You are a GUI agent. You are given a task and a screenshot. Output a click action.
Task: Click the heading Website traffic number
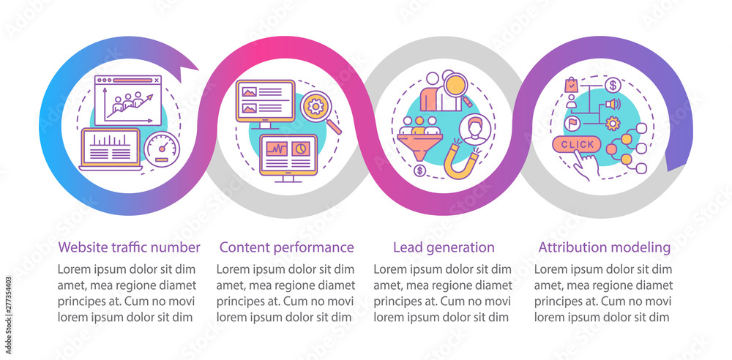click(129, 247)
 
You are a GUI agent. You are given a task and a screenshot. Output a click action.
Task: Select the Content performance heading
click(287, 247)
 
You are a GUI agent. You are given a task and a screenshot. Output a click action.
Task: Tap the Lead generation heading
click(444, 247)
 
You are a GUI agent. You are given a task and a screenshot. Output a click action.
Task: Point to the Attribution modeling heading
click(605, 247)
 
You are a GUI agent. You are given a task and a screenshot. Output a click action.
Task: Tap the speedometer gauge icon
click(162, 149)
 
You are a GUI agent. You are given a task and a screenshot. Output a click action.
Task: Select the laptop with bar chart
click(111, 149)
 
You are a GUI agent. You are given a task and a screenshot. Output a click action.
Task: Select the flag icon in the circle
click(570, 123)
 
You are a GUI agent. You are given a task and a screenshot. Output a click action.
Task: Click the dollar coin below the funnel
click(419, 171)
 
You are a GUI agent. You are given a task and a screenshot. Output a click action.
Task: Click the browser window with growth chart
click(127, 100)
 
